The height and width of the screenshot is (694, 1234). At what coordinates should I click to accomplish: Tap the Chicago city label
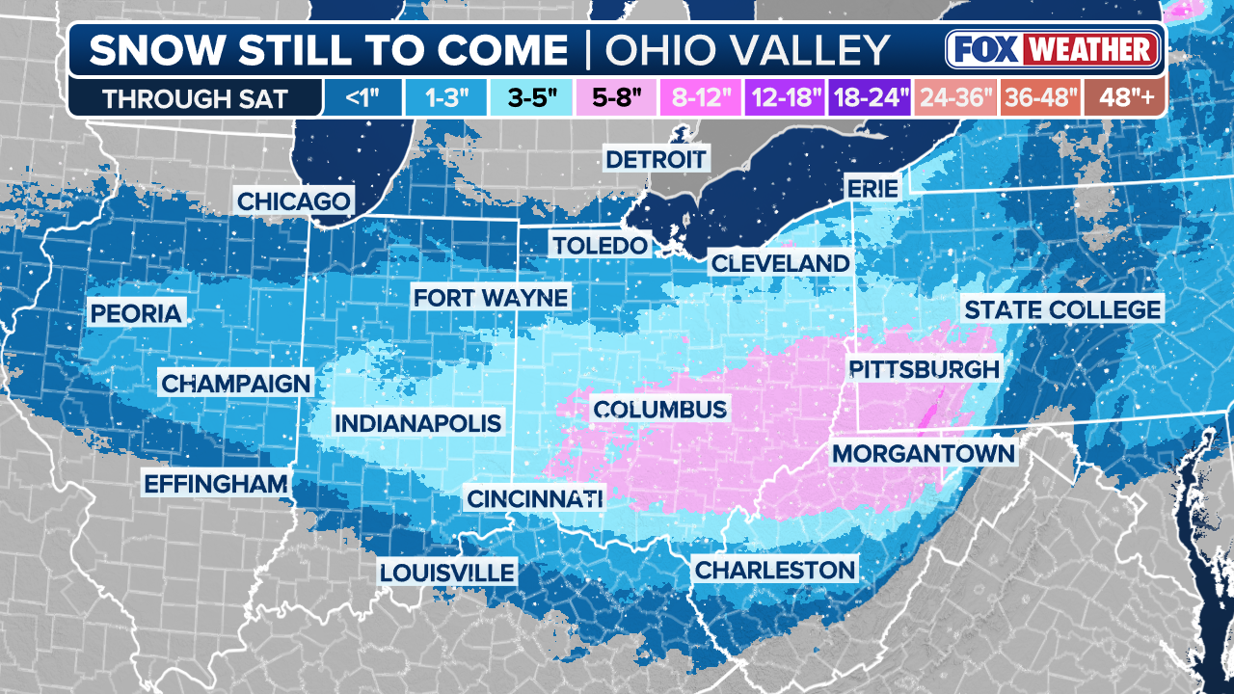pos(293,201)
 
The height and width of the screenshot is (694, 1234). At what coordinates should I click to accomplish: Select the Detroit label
pos(656,158)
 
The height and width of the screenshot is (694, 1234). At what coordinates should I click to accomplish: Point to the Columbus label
pos(659,410)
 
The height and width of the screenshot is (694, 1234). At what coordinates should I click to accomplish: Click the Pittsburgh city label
pos(924,369)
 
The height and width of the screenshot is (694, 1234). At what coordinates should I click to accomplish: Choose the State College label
pos(1061,309)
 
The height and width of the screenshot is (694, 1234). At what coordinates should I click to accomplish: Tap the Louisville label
pos(446,572)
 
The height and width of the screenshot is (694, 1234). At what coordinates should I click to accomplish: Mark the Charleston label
pos(775,570)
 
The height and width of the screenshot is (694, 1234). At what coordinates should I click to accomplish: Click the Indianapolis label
pos(417,423)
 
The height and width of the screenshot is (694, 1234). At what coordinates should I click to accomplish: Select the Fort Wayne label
pos(491,297)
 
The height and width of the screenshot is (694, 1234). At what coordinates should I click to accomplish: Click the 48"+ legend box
pos(1124,98)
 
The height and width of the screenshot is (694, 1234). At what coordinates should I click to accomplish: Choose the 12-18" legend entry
pos(786,98)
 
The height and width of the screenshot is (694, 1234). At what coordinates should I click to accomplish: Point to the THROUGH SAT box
pos(195,98)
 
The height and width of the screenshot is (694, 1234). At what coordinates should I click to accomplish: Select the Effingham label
pos(216,483)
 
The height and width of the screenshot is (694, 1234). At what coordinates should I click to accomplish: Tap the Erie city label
pos(872,188)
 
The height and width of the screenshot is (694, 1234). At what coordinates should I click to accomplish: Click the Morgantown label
pos(923,453)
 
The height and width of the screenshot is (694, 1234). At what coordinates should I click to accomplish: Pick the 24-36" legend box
pos(955,98)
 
